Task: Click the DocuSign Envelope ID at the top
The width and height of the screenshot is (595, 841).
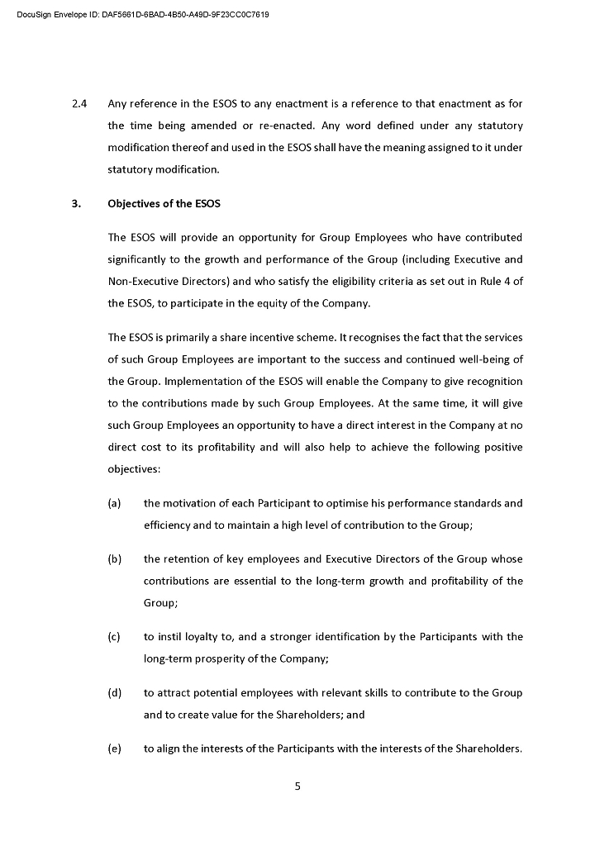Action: (x=142, y=15)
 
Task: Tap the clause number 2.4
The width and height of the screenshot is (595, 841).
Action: (x=80, y=104)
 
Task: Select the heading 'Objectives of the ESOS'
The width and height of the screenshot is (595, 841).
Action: (x=164, y=204)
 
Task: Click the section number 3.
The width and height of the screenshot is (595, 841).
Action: (x=76, y=204)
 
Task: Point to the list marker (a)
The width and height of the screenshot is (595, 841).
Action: (x=114, y=503)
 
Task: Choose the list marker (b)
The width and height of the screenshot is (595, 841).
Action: (x=114, y=559)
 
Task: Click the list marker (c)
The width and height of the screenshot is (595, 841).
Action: (x=114, y=637)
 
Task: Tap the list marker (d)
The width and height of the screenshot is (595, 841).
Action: (x=114, y=693)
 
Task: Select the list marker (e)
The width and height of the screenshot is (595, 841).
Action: (x=114, y=749)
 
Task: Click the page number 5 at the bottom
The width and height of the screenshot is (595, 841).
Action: (x=297, y=786)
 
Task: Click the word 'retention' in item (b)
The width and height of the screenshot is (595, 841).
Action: (x=190, y=559)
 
